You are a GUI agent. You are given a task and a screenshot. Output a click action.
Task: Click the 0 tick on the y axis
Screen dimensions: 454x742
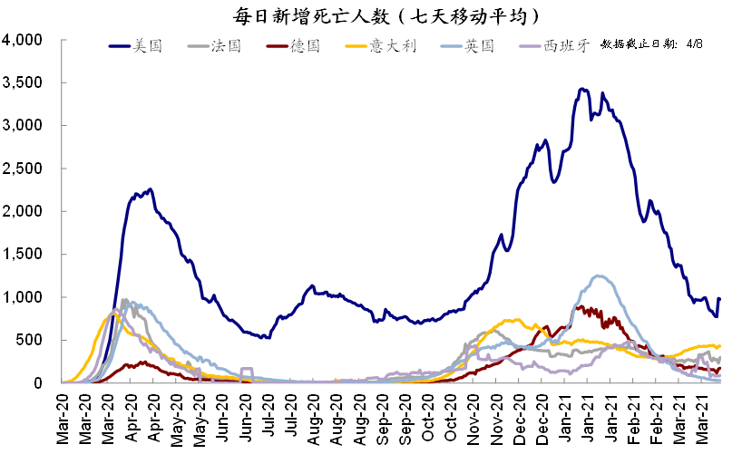click(x=41, y=382)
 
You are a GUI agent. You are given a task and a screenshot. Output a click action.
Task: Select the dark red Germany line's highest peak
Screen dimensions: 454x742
click(x=579, y=307)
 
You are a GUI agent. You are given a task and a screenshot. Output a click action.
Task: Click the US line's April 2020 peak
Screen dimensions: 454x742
click(x=151, y=189)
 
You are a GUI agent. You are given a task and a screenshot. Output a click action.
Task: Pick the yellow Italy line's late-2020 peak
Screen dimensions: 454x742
click(x=517, y=319)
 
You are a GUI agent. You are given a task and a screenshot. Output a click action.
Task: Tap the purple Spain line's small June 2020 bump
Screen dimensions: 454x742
click(x=246, y=369)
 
